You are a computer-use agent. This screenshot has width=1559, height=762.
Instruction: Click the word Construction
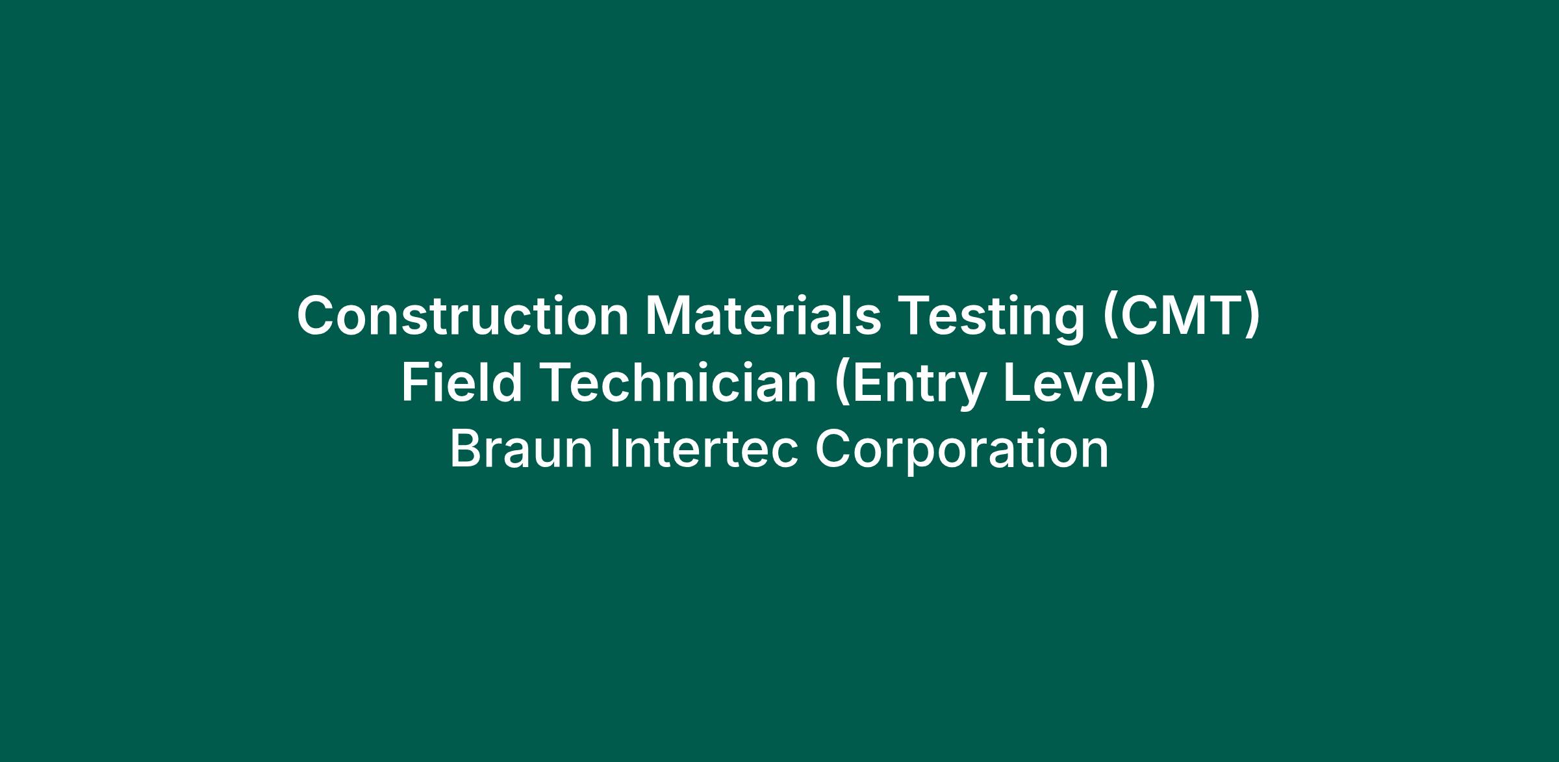coord(463,316)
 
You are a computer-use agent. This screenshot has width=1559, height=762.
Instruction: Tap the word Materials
coord(763,316)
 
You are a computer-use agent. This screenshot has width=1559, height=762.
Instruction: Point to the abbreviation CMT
coord(1181,316)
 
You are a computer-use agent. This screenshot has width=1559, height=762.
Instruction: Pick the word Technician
coord(678,382)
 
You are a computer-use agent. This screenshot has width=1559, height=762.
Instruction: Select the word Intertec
coord(703,448)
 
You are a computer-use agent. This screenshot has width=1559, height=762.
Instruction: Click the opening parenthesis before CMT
coord(1109,319)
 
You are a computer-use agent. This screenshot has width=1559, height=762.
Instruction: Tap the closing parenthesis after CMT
coord(1252,319)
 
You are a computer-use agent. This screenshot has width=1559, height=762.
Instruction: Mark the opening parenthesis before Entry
coord(843,385)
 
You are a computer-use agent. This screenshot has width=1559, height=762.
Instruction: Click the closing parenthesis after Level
coord(1148,385)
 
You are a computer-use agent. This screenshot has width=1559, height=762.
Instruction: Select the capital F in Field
coord(417,382)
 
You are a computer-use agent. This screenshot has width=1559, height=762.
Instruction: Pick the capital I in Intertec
coord(614,448)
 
